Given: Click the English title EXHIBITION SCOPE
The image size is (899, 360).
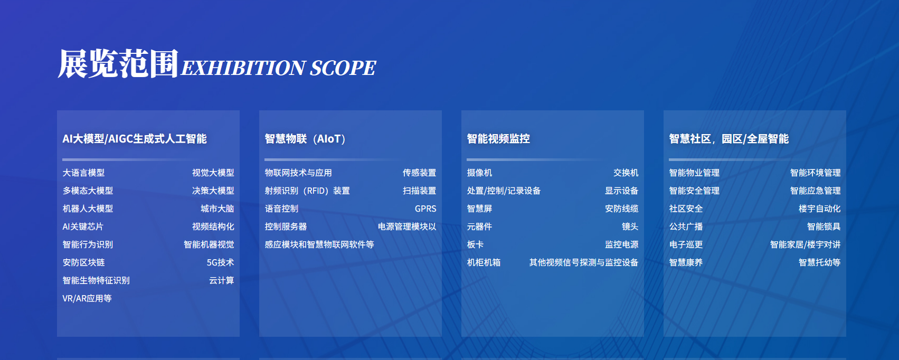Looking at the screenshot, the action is click(x=279, y=68).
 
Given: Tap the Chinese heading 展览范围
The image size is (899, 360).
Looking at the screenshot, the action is click(x=118, y=63).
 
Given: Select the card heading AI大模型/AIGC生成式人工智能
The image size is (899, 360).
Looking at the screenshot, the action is click(x=135, y=139).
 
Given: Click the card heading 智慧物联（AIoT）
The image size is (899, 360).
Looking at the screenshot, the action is click(x=306, y=139).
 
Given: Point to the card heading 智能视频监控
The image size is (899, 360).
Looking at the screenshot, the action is click(x=498, y=139).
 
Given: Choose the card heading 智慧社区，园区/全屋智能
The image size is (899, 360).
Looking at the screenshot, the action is click(x=729, y=139).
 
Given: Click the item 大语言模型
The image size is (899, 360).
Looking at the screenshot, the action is click(x=83, y=173).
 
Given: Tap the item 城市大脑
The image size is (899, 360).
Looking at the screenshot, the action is click(x=217, y=209).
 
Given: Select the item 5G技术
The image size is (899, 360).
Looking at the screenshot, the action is click(x=220, y=262).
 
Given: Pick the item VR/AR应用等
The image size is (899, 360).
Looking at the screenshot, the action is click(x=87, y=299).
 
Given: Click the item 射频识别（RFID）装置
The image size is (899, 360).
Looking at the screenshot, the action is click(x=307, y=191).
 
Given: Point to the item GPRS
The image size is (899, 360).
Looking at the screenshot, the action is click(x=425, y=209).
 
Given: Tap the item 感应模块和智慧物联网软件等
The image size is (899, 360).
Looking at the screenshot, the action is click(x=319, y=244).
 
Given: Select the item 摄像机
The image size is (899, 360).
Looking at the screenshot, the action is click(x=479, y=173).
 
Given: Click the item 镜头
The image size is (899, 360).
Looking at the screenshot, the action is click(x=630, y=226).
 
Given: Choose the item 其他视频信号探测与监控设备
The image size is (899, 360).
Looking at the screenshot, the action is click(x=583, y=262).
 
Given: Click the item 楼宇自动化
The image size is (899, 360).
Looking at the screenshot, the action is click(x=819, y=209).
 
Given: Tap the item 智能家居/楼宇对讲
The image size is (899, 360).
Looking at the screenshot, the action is click(x=805, y=244).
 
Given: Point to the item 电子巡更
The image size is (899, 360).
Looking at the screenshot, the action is click(x=686, y=244).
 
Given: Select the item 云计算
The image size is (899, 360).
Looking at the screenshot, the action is click(x=222, y=280).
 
